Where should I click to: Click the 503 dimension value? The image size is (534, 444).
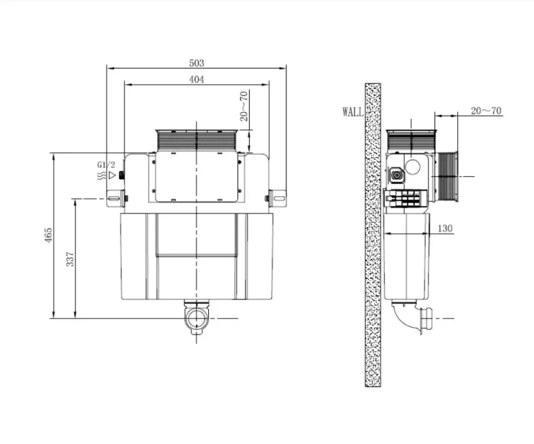(x=197, y=63)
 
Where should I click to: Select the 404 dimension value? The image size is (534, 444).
(x=197, y=80)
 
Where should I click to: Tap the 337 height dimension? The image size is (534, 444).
(x=70, y=259)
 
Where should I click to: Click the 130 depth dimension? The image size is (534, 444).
(x=444, y=228)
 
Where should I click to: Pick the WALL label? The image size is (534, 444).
(x=352, y=112)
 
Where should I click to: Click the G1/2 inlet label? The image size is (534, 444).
(x=107, y=165)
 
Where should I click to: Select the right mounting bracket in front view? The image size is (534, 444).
(x=278, y=199)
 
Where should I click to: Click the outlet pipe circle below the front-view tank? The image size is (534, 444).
(x=197, y=320)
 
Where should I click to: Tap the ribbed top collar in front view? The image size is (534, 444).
(x=197, y=141)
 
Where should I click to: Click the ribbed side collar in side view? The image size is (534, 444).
(x=447, y=177)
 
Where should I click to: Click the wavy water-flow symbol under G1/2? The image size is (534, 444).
(x=101, y=175)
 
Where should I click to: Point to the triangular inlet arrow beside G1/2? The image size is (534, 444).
(x=113, y=175)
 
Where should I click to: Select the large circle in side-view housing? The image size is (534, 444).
(x=414, y=168)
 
